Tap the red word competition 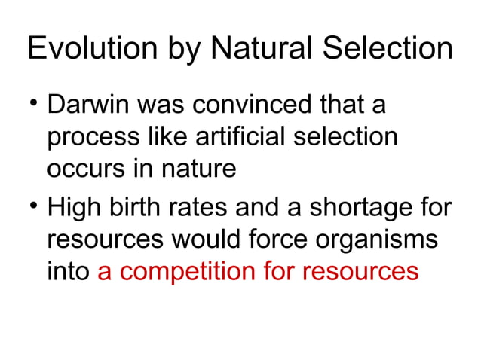point(204,272)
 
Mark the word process point(91,139)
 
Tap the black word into point(69,272)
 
